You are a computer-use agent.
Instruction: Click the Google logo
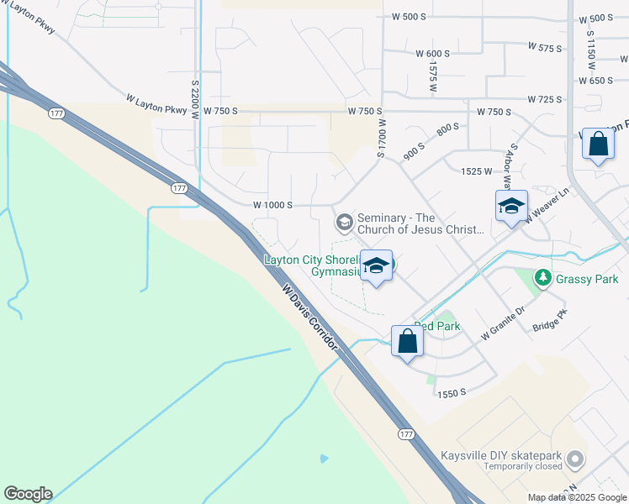[x=28, y=494]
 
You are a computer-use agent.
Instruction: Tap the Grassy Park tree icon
[x=543, y=277]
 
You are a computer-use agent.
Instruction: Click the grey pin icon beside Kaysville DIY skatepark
[x=575, y=459]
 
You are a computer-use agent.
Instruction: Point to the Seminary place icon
[x=343, y=223]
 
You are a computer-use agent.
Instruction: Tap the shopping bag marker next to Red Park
[x=407, y=343]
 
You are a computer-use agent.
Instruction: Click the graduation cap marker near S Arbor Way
[x=511, y=207]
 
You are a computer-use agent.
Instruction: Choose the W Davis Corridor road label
[x=310, y=318]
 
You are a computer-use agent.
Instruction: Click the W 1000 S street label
[x=272, y=205]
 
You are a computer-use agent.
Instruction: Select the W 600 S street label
[x=432, y=53]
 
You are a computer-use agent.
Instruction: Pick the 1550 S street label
[x=452, y=393]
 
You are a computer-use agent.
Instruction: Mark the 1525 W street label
[x=476, y=171]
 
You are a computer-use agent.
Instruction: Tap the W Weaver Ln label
[x=547, y=205]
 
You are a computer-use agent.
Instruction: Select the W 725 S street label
[x=545, y=99]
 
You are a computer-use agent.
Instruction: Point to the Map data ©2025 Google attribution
[x=576, y=497]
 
